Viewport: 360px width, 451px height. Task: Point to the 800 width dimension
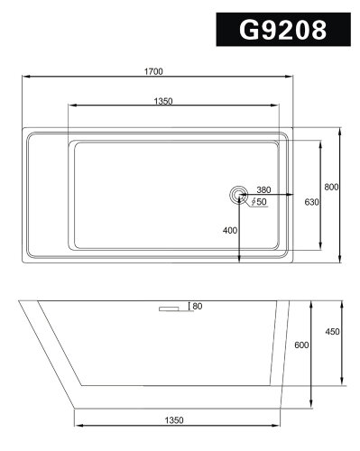pos(331,187)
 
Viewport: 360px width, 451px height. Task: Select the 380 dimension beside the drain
pos(263,189)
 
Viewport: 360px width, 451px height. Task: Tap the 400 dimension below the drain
pos(229,231)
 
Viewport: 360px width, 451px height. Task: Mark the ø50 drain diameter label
pos(259,203)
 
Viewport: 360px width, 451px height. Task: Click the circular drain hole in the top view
pos(238,194)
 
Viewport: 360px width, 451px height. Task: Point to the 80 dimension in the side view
pos(197,307)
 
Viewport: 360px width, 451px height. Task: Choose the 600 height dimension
pos(301,345)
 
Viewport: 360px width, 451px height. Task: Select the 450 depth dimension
pos(331,331)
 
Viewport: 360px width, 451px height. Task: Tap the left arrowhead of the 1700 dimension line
pos(23,78)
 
